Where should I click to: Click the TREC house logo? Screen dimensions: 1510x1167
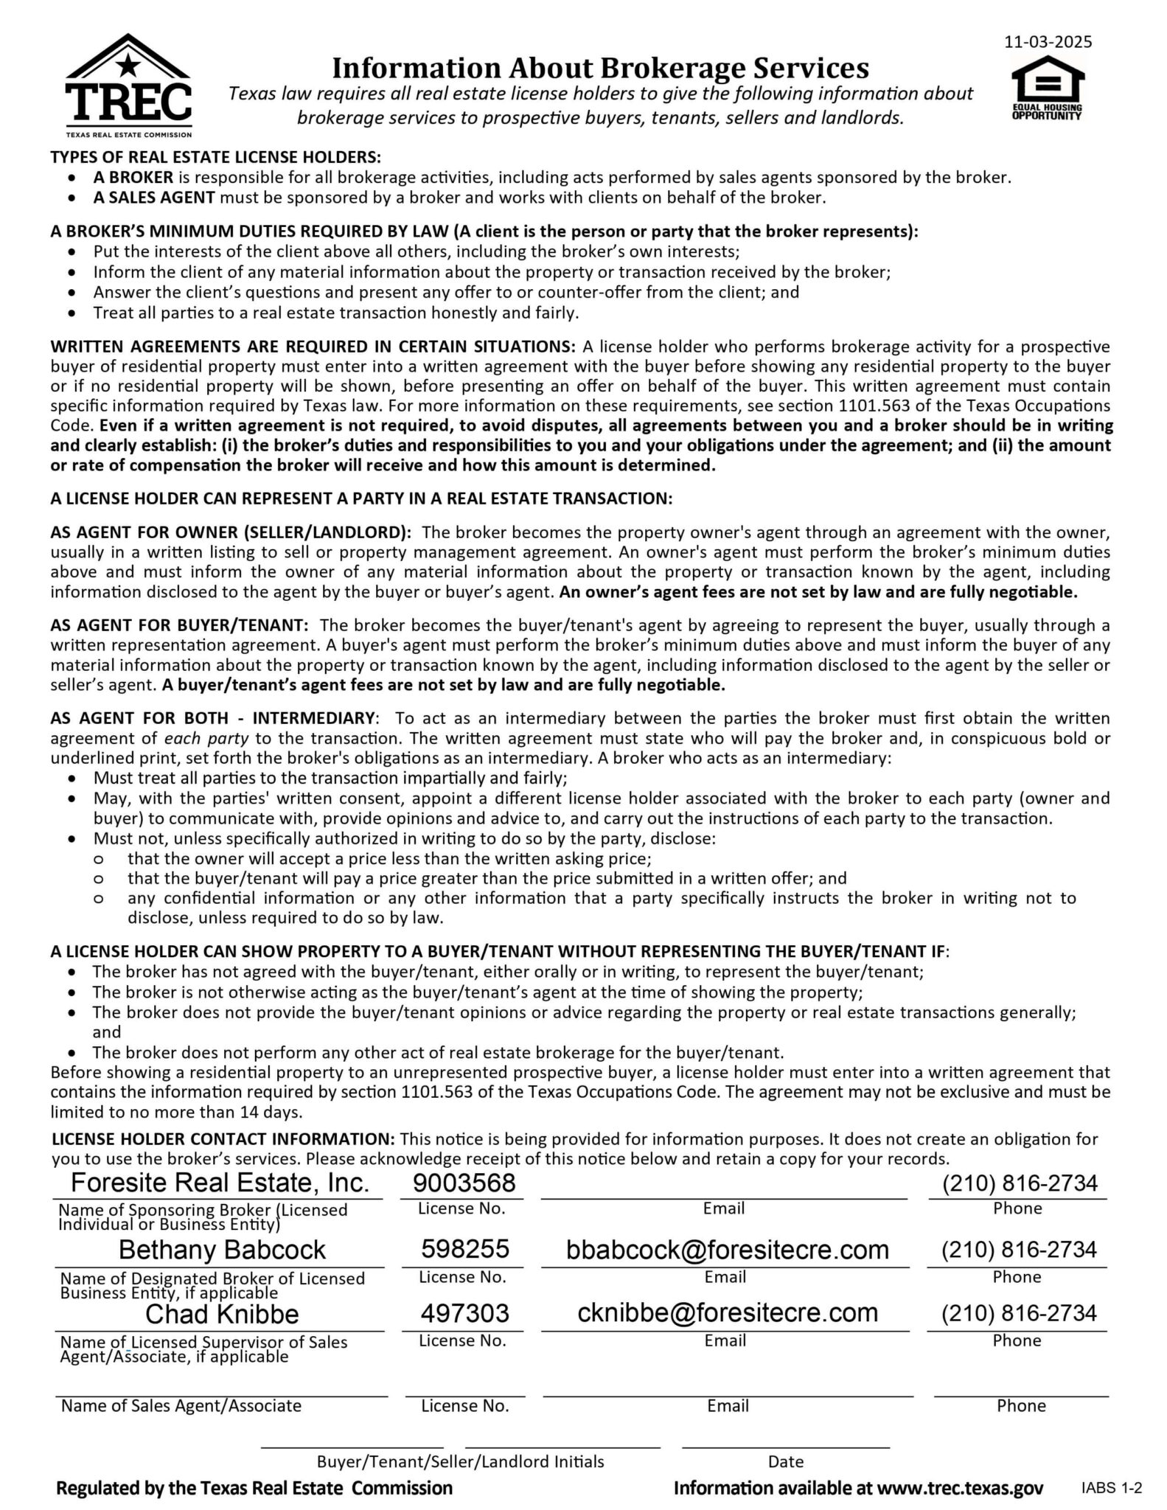(129, 85)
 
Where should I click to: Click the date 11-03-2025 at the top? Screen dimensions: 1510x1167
(1048, 41)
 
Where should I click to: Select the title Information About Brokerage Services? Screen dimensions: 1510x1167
(600, 68)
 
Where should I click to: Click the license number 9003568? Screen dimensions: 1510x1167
(464, 1183)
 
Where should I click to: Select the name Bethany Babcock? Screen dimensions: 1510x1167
(222, 1249)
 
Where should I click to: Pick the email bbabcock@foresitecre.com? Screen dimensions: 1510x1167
(727, 1249)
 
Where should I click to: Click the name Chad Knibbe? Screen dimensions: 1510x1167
(222, 1313)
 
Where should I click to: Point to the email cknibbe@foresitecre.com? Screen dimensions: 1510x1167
(727, 1312)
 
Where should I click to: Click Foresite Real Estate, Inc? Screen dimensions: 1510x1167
(220, 1183)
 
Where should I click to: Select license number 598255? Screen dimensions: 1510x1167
(464, 1248)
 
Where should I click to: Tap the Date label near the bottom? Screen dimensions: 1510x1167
(785, 1461)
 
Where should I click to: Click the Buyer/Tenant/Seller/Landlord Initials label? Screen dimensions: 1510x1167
(460, 1461)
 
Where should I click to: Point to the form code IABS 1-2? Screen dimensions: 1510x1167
(1111, 1488)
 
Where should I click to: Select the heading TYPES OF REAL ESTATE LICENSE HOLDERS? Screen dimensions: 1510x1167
(216, 157)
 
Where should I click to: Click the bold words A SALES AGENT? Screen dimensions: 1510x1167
(154, 198)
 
